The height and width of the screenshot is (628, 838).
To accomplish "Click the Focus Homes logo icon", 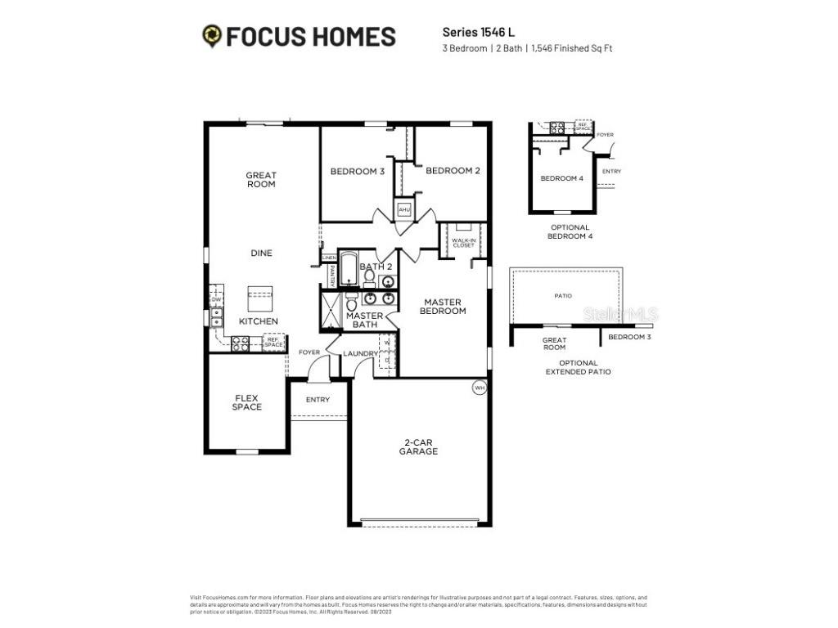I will [x=212, y=36].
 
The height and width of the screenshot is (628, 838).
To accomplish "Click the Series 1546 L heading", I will [x=479, y=32].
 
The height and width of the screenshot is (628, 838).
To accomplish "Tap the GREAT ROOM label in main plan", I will [x=261, y=180].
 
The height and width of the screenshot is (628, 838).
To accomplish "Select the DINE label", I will [x=261, y=253].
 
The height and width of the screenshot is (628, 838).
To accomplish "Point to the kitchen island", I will [x=261, y=295].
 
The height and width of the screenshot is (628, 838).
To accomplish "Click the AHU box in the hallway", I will [x=403, y=210].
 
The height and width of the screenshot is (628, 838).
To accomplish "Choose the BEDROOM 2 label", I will [x=453, y=171].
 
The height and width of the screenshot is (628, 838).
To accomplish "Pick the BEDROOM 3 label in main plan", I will [x=358, y=172].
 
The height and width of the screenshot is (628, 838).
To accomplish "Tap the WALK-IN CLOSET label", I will [x=463, y=243].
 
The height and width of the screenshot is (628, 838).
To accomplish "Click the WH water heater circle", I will [x=479, y=388].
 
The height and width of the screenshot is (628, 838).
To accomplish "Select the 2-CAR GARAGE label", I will [x=419, y=446].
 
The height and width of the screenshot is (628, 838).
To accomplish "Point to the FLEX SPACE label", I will [x=246, y=402].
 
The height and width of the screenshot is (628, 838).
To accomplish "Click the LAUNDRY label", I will [x=359, y=354].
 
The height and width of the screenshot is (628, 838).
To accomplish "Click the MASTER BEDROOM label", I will [x=444, y=307].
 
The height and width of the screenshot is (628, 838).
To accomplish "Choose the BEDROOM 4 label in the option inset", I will [x=562, y=178].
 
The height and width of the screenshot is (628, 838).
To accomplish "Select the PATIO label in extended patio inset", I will [x=562, y=296].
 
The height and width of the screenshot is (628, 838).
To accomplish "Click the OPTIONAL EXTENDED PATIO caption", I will [x=579, y=367].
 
